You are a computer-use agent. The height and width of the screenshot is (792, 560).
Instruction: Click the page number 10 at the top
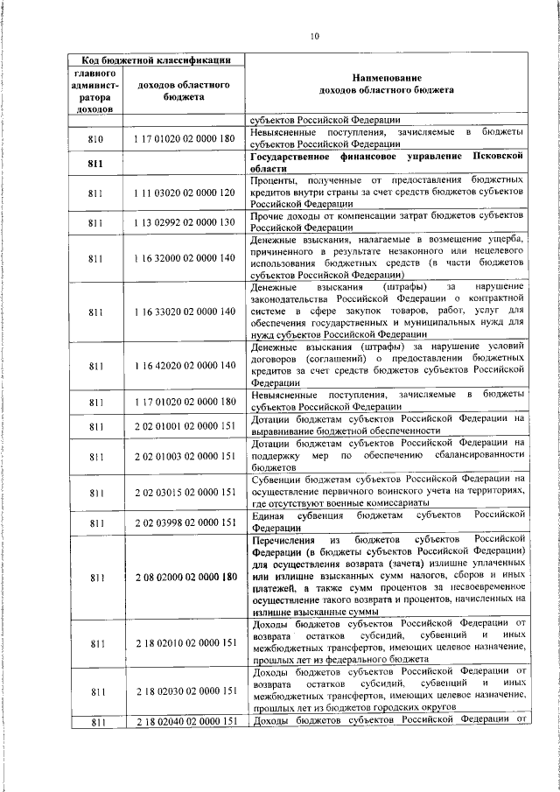pos(315,35)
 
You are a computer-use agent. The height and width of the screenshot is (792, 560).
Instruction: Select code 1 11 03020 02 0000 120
pos(185,192)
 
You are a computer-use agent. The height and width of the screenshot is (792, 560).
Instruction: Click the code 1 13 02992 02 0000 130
pos(185,222)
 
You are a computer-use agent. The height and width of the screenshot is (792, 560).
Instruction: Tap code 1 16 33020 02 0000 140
pos(185,312)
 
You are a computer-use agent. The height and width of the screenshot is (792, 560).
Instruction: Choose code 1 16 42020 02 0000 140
pos(185,365)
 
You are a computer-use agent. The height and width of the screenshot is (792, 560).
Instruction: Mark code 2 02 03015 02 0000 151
pos(185,494)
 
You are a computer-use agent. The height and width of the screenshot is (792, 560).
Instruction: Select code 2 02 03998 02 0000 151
pos(185,523)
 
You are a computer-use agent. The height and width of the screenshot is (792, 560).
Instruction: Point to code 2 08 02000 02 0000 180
pos(185,578)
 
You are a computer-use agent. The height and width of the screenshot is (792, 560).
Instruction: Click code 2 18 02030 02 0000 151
pos(185,690)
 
